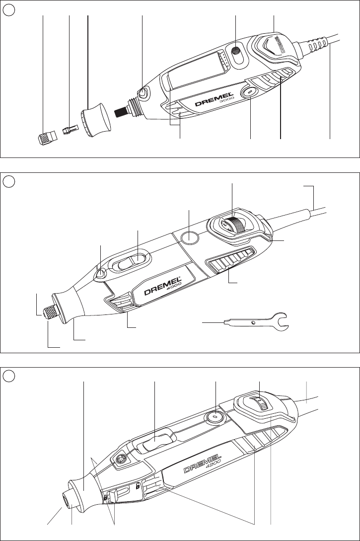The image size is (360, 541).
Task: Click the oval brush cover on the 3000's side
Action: [x=248, y=93]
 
